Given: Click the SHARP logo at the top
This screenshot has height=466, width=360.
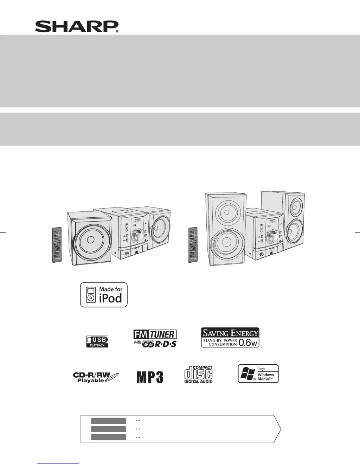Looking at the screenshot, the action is coord(77,27).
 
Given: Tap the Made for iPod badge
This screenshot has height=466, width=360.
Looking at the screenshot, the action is coord(104,295).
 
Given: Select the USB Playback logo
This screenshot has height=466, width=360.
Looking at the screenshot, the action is coord(97,341).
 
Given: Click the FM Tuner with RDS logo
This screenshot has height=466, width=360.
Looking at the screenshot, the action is coord(155,338).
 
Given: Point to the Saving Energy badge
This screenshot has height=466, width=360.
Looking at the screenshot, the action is coord(230,338).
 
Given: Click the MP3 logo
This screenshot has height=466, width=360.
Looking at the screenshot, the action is coord(150,377).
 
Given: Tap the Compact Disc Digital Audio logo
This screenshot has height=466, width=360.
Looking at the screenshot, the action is coord(199,375).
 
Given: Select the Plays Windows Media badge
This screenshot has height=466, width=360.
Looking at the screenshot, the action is coord(258,374).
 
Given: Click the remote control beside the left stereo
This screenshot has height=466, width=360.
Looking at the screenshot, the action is coord(57,245).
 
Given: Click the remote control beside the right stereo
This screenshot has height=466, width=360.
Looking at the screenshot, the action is coord(193,245).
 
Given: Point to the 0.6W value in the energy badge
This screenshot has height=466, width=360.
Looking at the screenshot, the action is coord(248,342).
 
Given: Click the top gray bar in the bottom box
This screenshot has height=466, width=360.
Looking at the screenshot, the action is coord(108,421).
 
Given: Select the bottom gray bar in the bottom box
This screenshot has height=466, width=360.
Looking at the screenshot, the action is coord(108,437).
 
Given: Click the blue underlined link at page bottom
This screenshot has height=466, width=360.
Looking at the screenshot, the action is coord(58,463).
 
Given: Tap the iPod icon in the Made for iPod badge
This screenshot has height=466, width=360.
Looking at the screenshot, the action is coord(91,295).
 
